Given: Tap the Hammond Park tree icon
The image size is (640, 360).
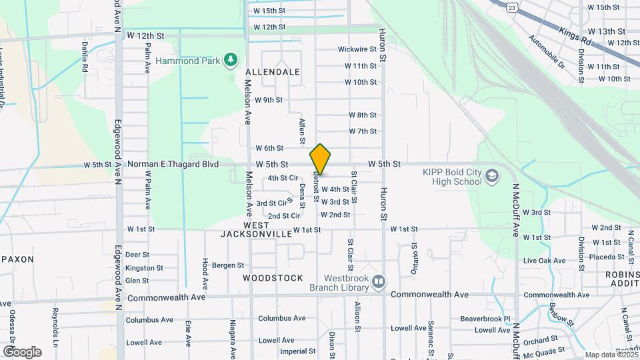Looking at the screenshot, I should click(231, 60).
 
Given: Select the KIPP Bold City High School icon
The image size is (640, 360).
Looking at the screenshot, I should click(492, 176).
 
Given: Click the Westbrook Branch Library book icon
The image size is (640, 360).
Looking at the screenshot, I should click(379, 282).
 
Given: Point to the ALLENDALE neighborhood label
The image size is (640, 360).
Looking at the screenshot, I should click(273, 71).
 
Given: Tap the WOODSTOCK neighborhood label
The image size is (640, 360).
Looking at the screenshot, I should click(273, 278).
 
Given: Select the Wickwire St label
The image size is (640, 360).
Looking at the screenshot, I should click(357, 49).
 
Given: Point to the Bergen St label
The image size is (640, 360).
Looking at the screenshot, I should click(228, 265).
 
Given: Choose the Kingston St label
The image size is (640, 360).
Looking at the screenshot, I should click(144, 268).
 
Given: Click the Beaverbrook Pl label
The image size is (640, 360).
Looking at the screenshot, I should click(489, 319).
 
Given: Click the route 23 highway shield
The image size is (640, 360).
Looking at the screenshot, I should click(511, 7).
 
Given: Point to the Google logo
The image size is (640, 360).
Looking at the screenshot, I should click(22, 352).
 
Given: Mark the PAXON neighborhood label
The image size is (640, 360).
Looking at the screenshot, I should click(19, 259).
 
